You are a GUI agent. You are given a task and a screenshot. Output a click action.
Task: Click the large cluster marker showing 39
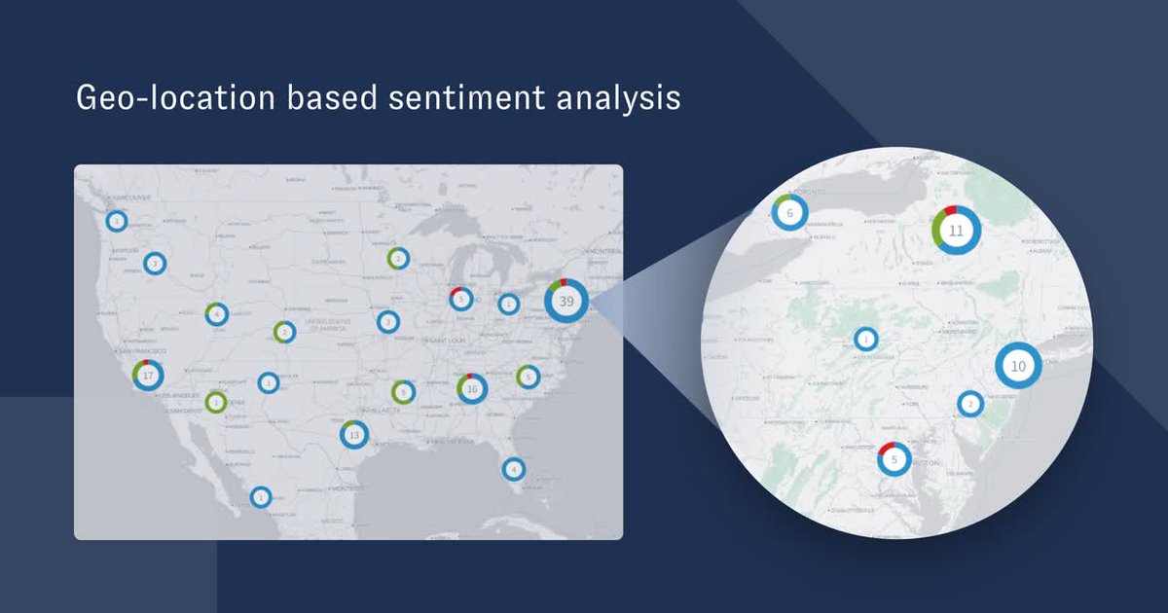[566, 301]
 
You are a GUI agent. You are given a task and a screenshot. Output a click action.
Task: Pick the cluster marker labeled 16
[472, 389]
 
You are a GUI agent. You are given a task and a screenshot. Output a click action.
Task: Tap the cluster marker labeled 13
[354, 434]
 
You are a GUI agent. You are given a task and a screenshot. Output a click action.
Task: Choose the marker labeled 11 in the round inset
[956, 231]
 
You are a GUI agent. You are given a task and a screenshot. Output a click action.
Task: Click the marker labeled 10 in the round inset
[1018, 366]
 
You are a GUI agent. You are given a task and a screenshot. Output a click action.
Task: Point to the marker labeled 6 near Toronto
[790, 212]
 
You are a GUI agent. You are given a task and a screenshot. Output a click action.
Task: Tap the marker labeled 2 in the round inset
[969, 403]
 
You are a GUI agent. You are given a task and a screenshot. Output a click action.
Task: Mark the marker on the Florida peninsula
[513, 468]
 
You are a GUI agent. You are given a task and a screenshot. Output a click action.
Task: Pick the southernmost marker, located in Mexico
[260, 497]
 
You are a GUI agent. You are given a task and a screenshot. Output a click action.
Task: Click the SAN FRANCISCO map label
[142, 350]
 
